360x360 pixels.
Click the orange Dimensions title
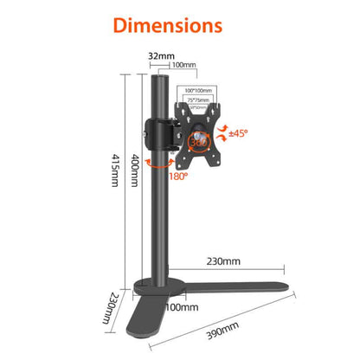[179, 23]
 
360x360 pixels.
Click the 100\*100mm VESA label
[199, 89]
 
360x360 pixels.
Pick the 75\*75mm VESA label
[199, 98]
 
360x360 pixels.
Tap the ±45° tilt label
[236, 133]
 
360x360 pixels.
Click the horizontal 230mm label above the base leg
[224, 260]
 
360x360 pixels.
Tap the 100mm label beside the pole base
[178, 307]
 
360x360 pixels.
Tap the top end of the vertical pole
[159, 80]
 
